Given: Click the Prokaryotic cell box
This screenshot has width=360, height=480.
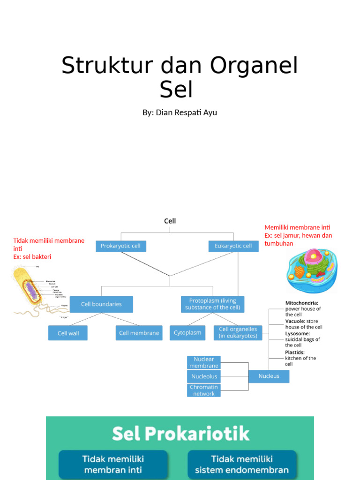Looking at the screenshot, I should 121,246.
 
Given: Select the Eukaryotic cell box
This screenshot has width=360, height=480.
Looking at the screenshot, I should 233,246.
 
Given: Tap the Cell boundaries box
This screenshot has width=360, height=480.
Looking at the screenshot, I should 101,304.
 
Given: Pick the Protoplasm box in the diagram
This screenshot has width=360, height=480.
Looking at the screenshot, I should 212,304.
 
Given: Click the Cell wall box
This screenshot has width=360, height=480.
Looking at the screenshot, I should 68,333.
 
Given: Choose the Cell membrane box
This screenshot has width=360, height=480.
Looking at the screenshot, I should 139,333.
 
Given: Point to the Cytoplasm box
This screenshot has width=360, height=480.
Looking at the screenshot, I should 187,333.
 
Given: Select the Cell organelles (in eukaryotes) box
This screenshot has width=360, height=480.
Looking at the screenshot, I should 238,333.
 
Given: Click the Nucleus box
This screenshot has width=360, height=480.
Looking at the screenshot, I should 269,376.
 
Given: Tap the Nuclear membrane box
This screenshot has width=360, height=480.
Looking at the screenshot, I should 203,362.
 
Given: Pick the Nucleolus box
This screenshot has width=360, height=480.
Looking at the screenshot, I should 203,376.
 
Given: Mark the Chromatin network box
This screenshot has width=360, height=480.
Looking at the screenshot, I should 203,390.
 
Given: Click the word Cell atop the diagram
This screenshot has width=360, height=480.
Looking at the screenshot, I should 170,221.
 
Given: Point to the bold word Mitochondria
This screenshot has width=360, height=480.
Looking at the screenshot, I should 301,303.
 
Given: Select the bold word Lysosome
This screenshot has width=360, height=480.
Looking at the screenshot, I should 297,333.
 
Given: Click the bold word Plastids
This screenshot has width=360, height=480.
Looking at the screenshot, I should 295,352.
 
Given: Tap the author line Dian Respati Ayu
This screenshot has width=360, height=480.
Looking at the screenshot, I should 180,112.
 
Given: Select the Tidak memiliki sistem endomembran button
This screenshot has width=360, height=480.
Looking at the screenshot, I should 242,464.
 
